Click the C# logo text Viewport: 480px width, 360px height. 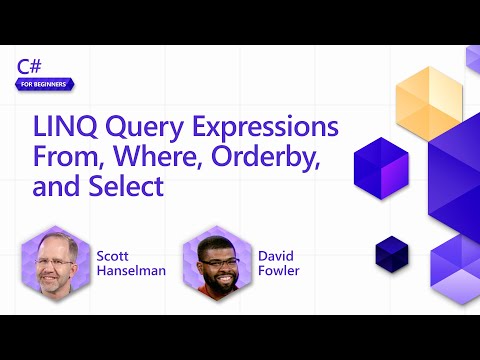point(30,66)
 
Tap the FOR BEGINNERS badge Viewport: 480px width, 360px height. point(45,84)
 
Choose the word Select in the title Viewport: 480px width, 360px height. point(127,187)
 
